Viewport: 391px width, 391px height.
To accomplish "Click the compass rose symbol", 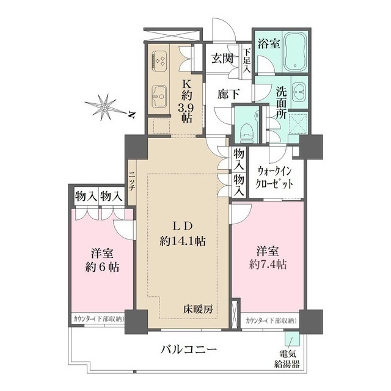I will (x=105, y=108).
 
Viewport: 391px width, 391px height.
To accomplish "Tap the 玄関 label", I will (x=222, y=59).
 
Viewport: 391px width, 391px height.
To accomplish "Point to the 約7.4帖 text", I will (x=268, y=265).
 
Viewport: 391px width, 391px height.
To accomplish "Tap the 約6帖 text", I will (x=101, y=267).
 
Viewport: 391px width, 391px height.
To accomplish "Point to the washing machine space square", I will (x=298, y=123).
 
